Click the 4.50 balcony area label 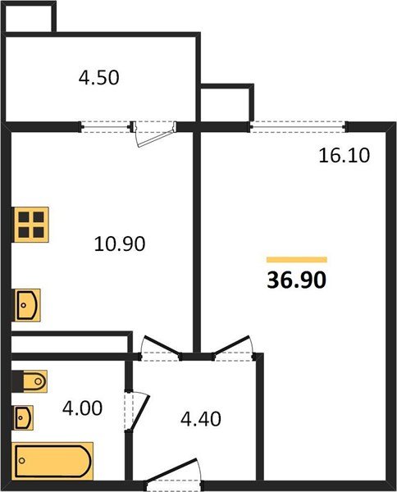click(99, 79)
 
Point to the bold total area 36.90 click(297, 280)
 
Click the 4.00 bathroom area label click(84, 408)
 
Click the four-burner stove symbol click(31, 223)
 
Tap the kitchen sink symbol click(27, 304)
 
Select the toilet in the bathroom click(30, 382)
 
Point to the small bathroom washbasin click(24, 417)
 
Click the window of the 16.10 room click(298, 126)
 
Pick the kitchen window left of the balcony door click(107, 126)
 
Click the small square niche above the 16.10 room click(224, 102)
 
